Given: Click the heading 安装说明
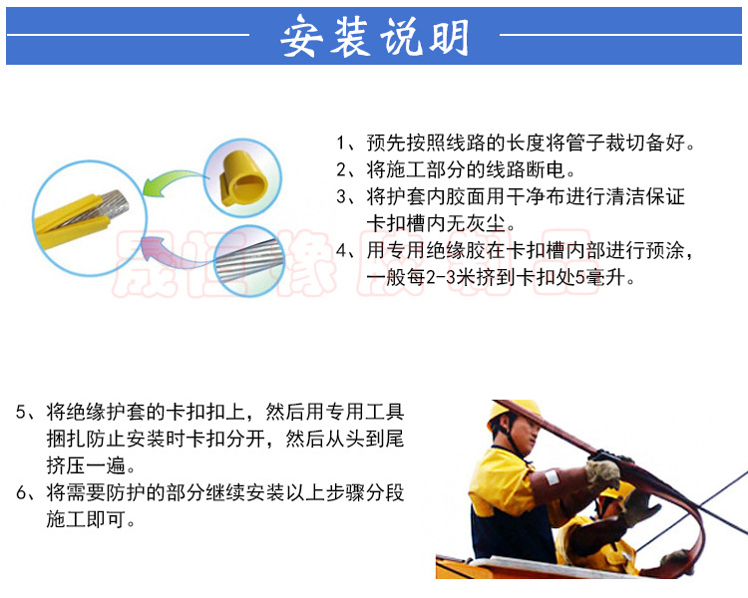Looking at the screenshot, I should (x=374, y=37).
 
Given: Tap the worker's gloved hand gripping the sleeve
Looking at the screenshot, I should (x=607, y=468).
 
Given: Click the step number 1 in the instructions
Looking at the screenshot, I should (x=341, y=143).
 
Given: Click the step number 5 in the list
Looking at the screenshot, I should (x=21, y=413).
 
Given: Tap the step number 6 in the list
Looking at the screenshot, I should (x=21, y=493).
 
